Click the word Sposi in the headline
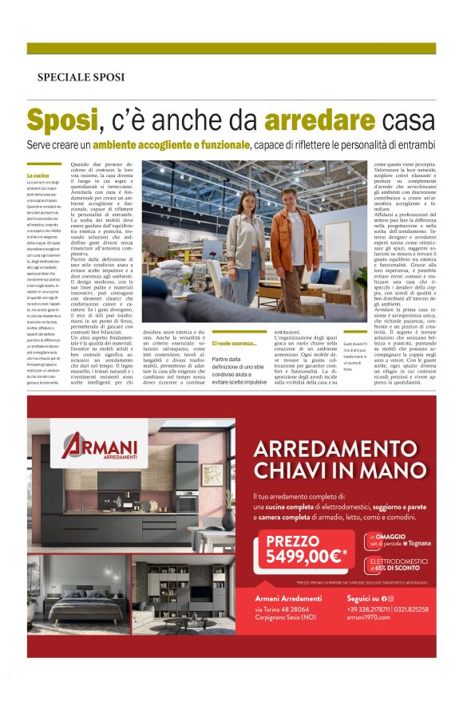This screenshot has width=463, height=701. click(x=62, y=121)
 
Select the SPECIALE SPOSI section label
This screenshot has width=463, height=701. click(x=81, y=77)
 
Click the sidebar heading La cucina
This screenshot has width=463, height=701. click(x=39, y=175)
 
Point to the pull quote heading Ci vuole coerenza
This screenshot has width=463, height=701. click(x=235, y=344)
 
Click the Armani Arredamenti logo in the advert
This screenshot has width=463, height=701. click(x=99, y=447)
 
